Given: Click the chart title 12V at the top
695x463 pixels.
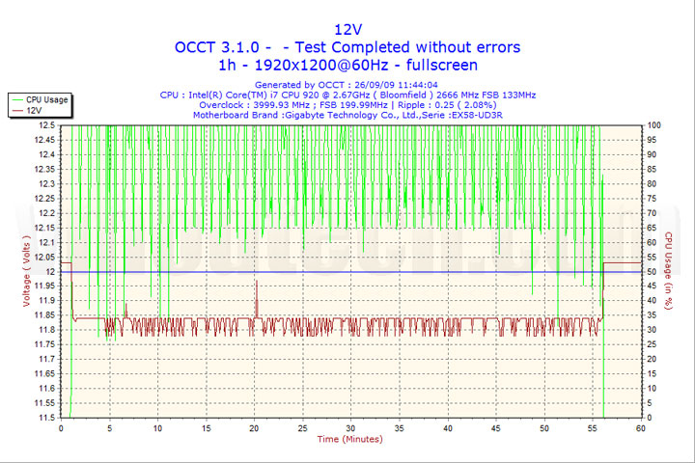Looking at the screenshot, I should click(348, 28).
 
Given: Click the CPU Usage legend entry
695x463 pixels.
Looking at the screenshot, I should click(45, 98).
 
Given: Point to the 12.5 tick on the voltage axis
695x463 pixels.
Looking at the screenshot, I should click(45, 125).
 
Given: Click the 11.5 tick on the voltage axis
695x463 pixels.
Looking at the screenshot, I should click(45, 418).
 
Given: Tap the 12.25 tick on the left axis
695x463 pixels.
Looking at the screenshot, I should click(43, 199).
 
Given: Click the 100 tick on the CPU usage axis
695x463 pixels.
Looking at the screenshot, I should click(653, 125).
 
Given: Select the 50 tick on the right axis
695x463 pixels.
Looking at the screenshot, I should click(652, 272).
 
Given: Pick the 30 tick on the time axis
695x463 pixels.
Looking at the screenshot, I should click(350, 428).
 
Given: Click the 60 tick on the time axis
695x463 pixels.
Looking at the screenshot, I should click(640, 428).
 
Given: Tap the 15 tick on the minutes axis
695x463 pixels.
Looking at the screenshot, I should click(206, 428).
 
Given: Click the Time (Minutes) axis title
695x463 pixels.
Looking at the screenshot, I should click(349, 440).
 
